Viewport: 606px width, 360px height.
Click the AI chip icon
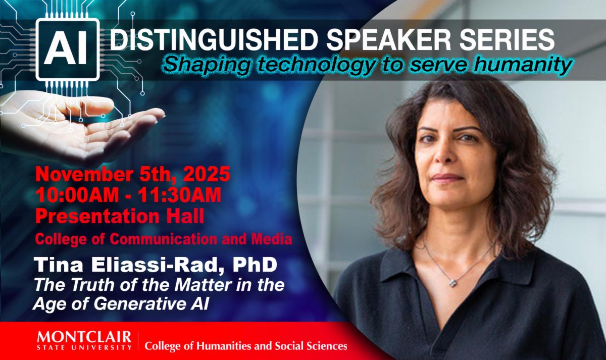coord(68,49)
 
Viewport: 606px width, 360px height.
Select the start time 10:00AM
coord(77,195)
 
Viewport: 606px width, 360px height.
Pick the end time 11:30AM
coord(180,195)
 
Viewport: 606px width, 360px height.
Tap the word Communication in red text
coord(163,239)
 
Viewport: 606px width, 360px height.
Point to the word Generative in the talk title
coord(138,303)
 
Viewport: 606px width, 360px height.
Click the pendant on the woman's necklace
coord(452,283)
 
